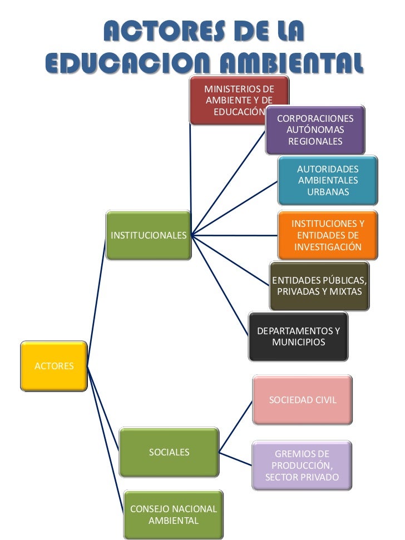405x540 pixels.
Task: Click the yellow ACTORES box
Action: click(54, 366)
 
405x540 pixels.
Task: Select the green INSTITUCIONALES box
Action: click(148, 235)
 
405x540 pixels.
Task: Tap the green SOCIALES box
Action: click(169, 452)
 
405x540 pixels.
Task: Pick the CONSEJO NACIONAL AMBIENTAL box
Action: click(173, 515)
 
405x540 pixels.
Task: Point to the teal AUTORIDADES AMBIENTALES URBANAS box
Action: click(328, 180)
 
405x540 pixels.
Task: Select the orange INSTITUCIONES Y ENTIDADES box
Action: click(328, 235)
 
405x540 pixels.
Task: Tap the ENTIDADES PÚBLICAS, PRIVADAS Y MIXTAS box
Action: click(319, 286)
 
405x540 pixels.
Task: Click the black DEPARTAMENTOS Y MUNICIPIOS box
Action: click(299, 336)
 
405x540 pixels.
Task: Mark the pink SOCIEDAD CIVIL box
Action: click(302, 400)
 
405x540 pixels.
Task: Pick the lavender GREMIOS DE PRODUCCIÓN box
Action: click(302, 465)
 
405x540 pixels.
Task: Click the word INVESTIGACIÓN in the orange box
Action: click(328, 246)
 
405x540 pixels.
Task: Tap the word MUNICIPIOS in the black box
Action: click(299, 342)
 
